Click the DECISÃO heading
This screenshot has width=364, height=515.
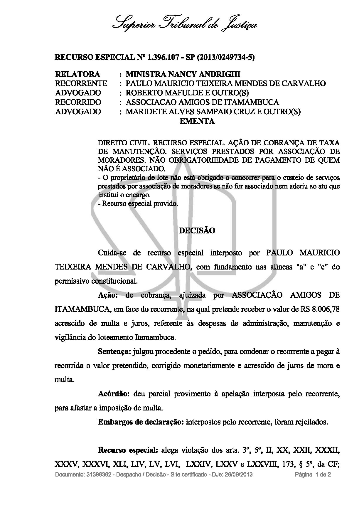[197, 230]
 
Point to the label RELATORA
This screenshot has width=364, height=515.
[77, 74]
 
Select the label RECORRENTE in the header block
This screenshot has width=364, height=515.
[81, 83]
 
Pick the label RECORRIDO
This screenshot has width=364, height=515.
[78, 102]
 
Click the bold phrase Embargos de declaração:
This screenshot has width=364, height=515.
[141, 422]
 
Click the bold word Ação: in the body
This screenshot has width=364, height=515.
[108, 295]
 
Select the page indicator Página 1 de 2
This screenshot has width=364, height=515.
[313, 474]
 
